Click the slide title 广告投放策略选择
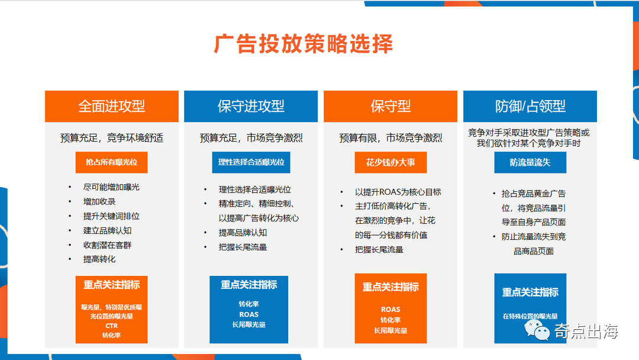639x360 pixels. click(303, 44)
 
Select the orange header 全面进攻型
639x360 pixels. click(112, 107)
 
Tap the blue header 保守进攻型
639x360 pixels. click(251, 107)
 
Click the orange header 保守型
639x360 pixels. click(390, 107)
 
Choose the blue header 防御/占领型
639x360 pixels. click(530, 107)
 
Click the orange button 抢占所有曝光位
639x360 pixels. click(111, 162)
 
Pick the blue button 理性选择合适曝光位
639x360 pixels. click(251, 162)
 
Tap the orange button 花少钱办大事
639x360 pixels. click(390, 162)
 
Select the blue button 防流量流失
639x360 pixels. click(530, 162)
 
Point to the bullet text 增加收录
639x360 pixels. click(99, 201)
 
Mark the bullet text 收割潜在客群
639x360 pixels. click(107, 245)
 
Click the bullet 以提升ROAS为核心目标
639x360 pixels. click(398, 192)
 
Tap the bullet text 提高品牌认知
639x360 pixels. click(243, 232)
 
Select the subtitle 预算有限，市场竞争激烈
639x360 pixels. click(390, 138)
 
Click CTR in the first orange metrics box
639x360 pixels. click(111, 326)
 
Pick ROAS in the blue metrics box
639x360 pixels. click(248, 314)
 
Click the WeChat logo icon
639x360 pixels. click(537, 330)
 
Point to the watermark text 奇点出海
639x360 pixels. click(586, 331)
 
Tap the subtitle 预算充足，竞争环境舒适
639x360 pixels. click(112, 138)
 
